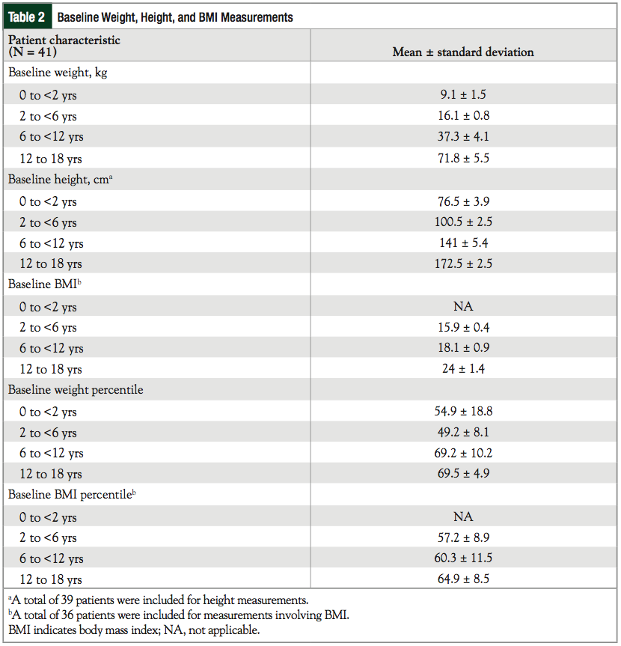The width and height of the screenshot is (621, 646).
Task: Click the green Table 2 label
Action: [x=27, y=17]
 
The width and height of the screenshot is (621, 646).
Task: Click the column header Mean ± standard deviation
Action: [x=463, y=52]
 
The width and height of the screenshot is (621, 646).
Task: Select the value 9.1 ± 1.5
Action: [x=463, y=95]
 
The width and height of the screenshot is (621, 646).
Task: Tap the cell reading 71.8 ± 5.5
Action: [x=463, y=158]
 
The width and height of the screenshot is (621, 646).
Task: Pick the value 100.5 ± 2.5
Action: [x=463, y=222]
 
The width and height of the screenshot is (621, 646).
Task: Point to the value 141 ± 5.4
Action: [x=463, y=243]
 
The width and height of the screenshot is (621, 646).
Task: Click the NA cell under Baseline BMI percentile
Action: [x=463, y=517]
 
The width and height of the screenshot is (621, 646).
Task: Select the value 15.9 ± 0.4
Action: [x=463, y=327]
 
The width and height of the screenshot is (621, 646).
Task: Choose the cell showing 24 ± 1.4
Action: [x=463, y=369]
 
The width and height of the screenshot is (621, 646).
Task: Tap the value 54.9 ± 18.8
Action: [x=463, y=412]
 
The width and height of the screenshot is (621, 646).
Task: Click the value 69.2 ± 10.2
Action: [x=463, y=453]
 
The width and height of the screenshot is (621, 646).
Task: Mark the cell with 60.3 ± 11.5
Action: [x=463, y=558]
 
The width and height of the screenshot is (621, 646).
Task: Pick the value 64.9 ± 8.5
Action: [x=463, y=579]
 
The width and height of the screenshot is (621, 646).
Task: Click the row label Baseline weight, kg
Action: [x=58, y=73]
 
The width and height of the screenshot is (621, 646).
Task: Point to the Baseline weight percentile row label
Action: [x=76, y=390]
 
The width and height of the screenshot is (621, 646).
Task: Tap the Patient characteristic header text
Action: [x=64, y=40]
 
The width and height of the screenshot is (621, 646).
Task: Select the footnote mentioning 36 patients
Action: [x=178, y=615]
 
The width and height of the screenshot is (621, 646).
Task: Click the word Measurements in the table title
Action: [x=257, y=17]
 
